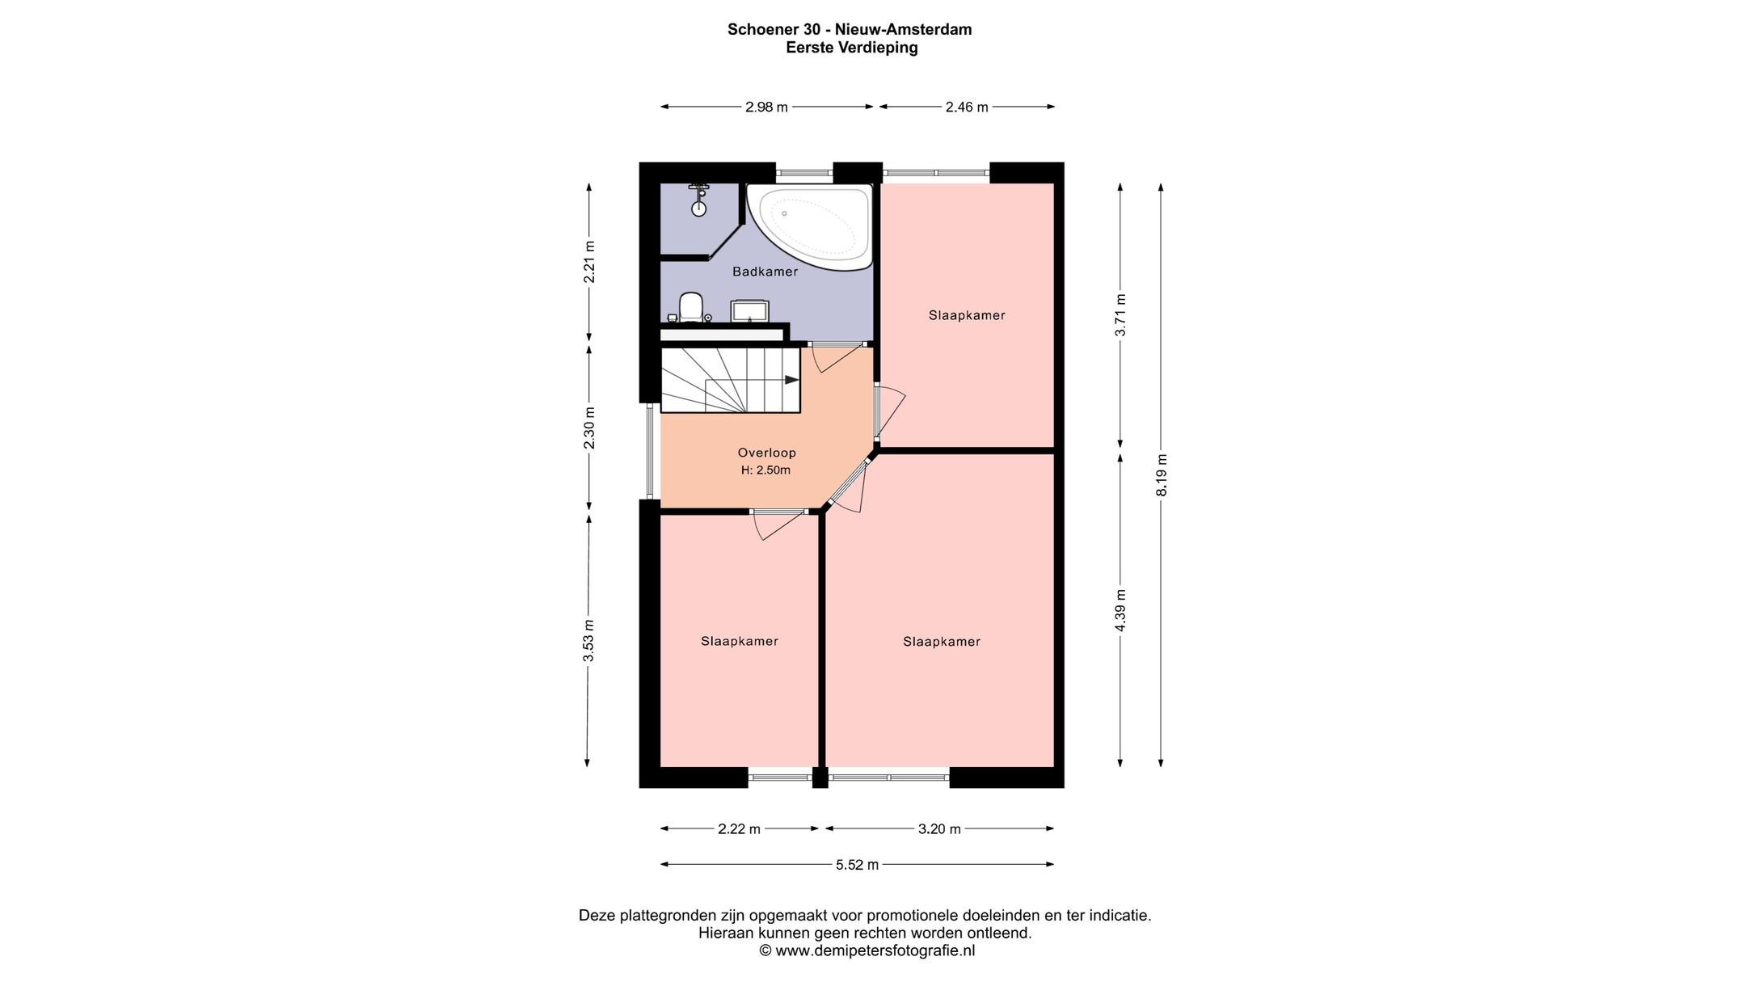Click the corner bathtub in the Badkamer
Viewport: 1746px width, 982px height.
[809, 227]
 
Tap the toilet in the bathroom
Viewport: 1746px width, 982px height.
[690, 307]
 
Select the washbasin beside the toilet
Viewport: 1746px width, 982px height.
[750, 311]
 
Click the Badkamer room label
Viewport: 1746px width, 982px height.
[765, 272]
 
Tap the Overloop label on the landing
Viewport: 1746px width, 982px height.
[766, 453]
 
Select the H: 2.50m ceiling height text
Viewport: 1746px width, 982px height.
[765, 470]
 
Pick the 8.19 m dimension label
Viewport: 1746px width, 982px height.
[1161, 474]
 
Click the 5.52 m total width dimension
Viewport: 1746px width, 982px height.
[857, 865]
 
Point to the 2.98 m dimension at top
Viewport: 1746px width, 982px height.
[766, 107]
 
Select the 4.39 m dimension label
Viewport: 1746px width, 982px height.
[1120, 610]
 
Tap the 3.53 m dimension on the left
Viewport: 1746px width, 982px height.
[588, 641]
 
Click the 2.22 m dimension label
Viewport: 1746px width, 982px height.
[740, 828]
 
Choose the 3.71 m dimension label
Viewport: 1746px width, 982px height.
[1120, 315]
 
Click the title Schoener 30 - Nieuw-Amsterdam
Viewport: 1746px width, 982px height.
[850, 30]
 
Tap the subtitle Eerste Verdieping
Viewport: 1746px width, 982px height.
[852, 48]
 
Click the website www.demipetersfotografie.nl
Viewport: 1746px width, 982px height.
[875, 950]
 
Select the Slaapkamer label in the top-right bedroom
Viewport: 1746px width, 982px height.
[967, 315]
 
